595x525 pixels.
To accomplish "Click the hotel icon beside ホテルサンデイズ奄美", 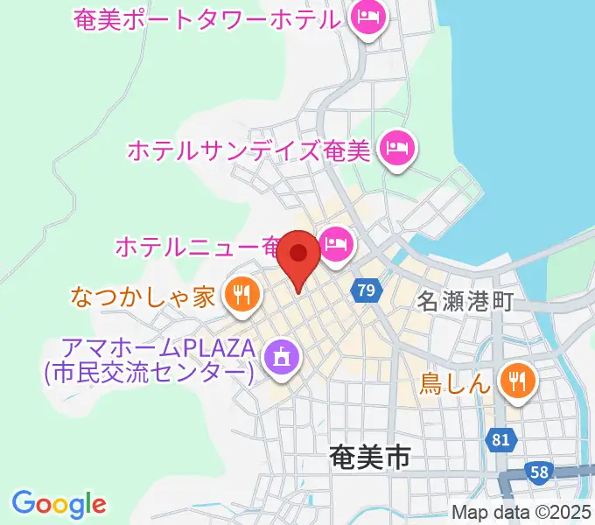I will pos(399,147).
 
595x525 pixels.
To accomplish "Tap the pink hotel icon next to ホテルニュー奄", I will pos(335,244).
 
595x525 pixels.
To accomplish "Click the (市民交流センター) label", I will pos(149,374).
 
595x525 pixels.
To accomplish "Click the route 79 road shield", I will pos(367,289).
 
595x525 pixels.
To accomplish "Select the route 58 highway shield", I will pos(540,473).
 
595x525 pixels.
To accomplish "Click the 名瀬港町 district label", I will pos(464,302).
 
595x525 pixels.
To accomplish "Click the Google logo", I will pos(59,503).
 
